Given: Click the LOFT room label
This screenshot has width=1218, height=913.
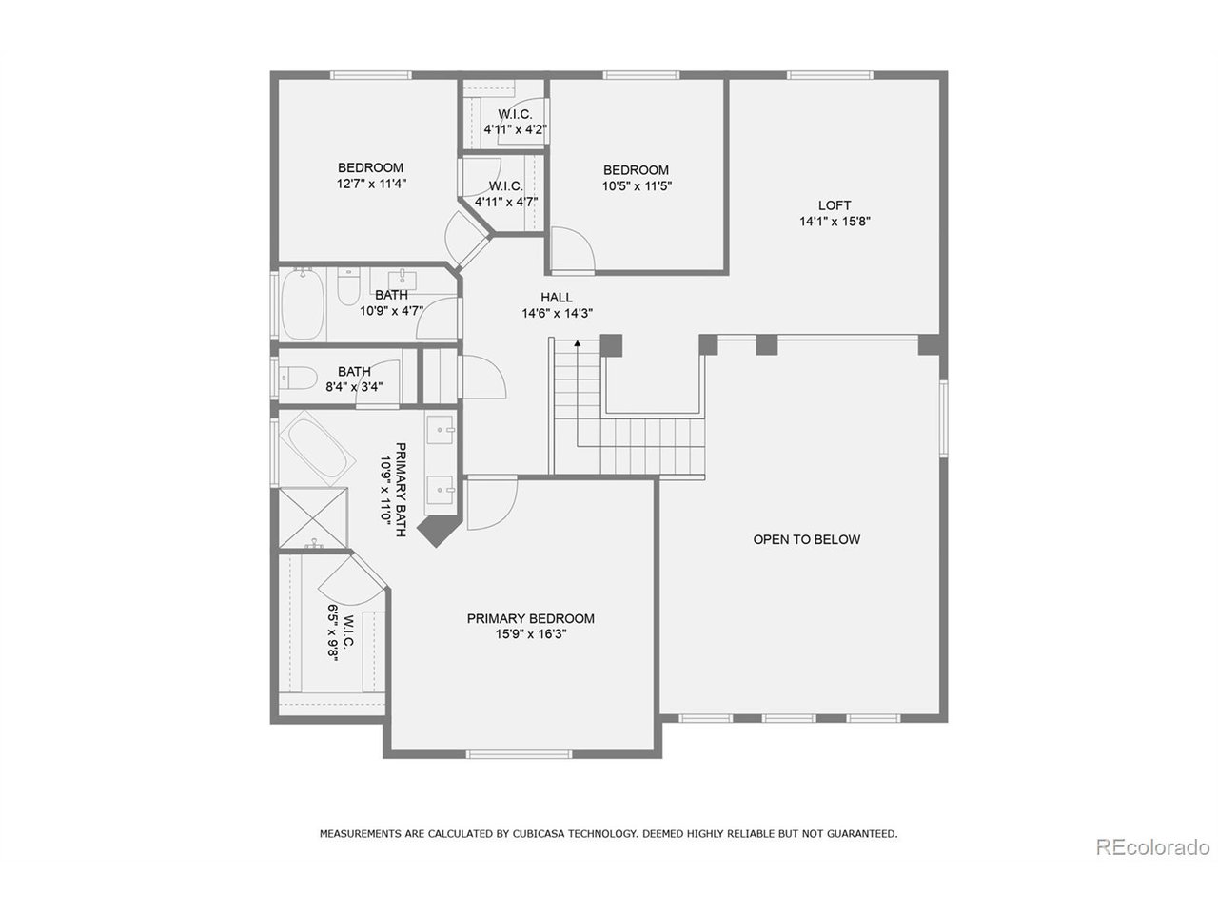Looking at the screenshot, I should [x=835, y=205].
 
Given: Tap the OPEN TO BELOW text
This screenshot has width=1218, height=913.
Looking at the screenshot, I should [x=806, y=539].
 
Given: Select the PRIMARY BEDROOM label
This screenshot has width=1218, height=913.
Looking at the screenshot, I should [x=530, y=618].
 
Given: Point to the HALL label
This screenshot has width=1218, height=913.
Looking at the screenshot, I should [x=557, y=298].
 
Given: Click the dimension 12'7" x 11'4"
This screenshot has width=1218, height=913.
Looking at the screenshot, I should [x=371, y=184].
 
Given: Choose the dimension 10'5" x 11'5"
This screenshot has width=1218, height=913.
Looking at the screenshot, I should [x=637, y=186].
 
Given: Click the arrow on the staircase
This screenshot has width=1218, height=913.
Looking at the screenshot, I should [x=577, y=344].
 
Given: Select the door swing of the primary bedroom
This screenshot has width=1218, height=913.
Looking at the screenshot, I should [x=491, y=505].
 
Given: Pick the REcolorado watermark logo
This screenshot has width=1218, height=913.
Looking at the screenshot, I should [x=1151, y=846].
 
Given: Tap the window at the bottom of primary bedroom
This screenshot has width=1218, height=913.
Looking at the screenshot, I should [x=519, y=754].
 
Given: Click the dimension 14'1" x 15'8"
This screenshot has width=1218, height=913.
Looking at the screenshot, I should [x=835, y=222].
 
